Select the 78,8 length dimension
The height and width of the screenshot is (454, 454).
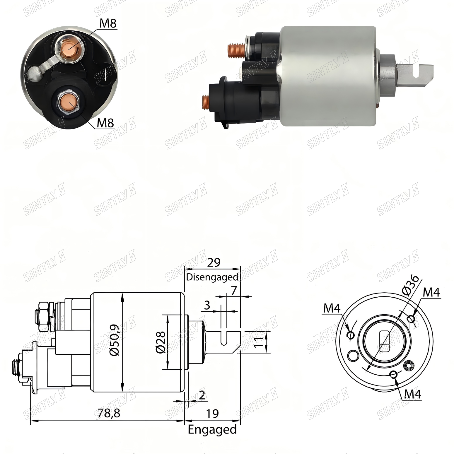click(x=109, y=413)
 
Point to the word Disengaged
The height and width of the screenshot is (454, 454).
click(x=212, y=277)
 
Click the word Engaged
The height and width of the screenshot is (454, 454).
click(x=212, y=430)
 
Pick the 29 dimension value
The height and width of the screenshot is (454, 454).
click(x=214, y=262)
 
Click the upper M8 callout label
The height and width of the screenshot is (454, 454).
click(x=108, y=23)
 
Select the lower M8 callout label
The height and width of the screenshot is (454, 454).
click(x=105, y=123)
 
